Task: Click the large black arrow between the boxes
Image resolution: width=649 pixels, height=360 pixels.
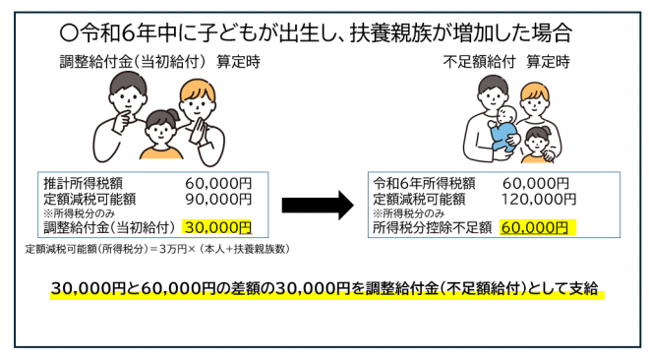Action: pos(317,206)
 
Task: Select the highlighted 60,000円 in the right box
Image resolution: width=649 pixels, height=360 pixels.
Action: pos(534,227)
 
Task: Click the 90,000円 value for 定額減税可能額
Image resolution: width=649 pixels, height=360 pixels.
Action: pos(217,198)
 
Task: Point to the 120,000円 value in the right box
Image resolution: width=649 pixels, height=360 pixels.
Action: pos(536,198)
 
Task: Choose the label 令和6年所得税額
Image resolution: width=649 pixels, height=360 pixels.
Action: pos(425,183)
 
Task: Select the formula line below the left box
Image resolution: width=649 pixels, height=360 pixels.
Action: pos(157,250)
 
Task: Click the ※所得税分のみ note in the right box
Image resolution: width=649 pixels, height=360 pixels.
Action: pos(408,212)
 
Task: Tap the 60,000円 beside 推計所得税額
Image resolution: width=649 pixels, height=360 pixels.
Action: pos(217,183)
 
